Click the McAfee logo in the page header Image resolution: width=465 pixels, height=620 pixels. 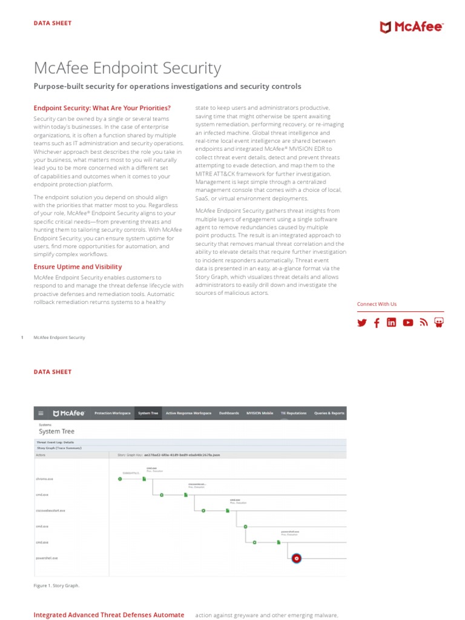point(412,27)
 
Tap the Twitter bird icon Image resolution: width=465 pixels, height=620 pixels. point(362,323)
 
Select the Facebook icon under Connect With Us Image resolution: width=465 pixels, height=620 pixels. point(377,323)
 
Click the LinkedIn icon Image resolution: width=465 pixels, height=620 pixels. point(391,323)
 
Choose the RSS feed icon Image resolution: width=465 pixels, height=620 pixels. point(424,323)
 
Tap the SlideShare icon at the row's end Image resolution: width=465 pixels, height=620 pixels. point(439,323)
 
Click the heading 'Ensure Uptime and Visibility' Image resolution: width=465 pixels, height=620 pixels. point(77,266)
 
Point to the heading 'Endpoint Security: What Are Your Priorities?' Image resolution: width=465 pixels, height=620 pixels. point(102,108)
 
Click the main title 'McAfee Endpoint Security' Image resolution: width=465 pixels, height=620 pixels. point(127,68)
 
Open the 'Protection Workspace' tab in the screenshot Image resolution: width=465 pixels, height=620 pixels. point(112,413)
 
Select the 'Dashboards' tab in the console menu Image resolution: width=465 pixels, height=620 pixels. point(229,413)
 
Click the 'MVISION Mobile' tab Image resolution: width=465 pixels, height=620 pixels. point(259,413)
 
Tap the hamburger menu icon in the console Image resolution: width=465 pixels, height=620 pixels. point(41,413)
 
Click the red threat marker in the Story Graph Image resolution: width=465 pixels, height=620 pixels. point(297,558)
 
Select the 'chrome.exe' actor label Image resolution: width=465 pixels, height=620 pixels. point(45,478)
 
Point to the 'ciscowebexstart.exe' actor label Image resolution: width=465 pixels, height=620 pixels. point(50,510)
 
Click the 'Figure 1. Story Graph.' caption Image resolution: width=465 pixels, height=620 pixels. point(56,585)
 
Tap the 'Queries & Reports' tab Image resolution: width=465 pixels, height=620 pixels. point(329,413)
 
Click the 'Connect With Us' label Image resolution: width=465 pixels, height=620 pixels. point(377,304)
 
